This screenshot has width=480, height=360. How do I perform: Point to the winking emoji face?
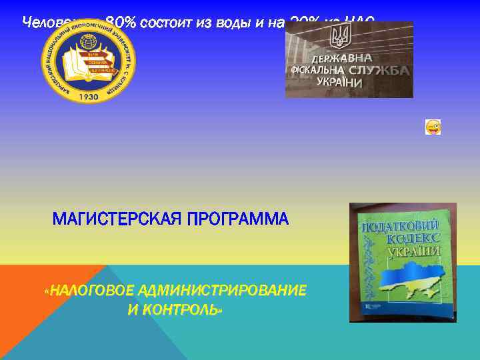point(433,127)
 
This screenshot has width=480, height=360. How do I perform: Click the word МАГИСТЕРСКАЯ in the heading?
point(113,219)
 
